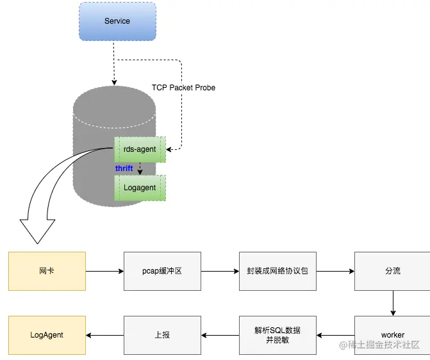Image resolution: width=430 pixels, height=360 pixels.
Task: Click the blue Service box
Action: pos(117,22)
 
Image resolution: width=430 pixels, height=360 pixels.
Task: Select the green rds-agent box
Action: pos(140,149)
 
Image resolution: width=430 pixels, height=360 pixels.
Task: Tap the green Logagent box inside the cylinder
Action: pos(140,188)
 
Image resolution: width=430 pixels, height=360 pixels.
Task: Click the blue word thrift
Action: pos(124,168)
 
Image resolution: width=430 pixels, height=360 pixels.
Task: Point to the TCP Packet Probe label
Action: pos(183,88)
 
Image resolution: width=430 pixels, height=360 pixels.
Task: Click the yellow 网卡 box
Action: pos(47,271)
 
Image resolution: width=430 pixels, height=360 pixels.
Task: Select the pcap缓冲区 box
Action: pos(162,271)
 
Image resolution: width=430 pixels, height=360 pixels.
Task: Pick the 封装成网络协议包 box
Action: pos(277,271)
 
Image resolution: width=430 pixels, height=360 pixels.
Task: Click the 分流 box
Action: pos(392,271)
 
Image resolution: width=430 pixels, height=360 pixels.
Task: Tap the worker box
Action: pos(392,335)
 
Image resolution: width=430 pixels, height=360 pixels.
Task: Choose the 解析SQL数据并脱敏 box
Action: pos(277,335)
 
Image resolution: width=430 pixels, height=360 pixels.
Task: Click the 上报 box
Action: pos(162,335)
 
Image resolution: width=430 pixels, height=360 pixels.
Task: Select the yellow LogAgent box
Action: pos(47,335)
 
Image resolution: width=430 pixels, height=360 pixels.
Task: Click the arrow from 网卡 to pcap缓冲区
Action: pos(104,271)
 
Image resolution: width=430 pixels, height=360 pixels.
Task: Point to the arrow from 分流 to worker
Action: pos(392,303)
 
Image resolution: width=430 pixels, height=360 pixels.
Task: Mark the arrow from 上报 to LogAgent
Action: pos(104,335)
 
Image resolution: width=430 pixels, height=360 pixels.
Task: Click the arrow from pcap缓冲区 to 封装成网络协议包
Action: pos(220,271)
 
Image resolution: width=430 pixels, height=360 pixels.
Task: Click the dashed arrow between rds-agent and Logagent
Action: pos(140,168)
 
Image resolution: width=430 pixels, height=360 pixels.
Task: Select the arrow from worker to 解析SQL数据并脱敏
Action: pos(335,335)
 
